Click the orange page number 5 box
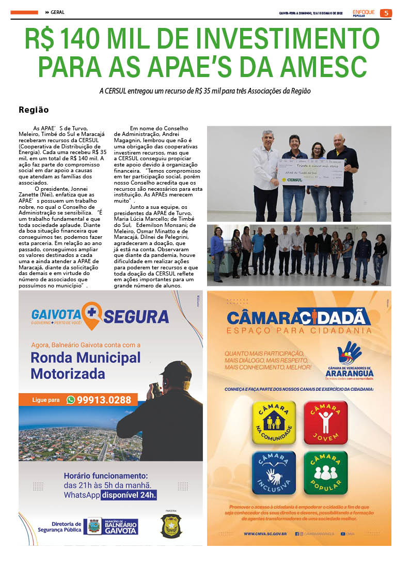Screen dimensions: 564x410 (385, 13)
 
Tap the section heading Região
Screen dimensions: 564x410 (34, 110)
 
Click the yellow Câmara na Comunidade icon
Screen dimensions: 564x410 (274, 422)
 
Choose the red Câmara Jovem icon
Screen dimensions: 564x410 (325, 422)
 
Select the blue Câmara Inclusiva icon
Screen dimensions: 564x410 (274, 472)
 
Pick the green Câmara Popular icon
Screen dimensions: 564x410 (325, 472)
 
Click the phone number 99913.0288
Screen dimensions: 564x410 (107, 400)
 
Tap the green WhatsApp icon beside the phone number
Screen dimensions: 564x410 (71, 400)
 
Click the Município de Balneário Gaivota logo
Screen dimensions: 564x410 (112, 526)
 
